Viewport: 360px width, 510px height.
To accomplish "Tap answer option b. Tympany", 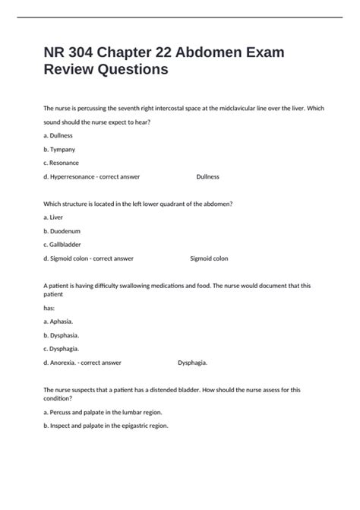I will point(60,149).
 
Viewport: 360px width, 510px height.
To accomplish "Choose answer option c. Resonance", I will point(62,163).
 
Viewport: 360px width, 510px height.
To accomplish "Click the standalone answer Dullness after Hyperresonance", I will point(207,176).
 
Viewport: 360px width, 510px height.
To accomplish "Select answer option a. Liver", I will point(54,217).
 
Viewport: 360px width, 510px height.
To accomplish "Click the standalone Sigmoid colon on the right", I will point(209,258).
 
